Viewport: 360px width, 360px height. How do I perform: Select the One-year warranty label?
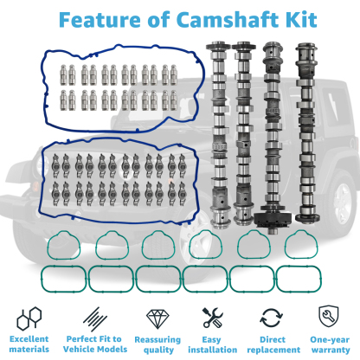[x=329, y=344]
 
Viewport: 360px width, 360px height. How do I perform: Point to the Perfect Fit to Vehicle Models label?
[x=90, y=344]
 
